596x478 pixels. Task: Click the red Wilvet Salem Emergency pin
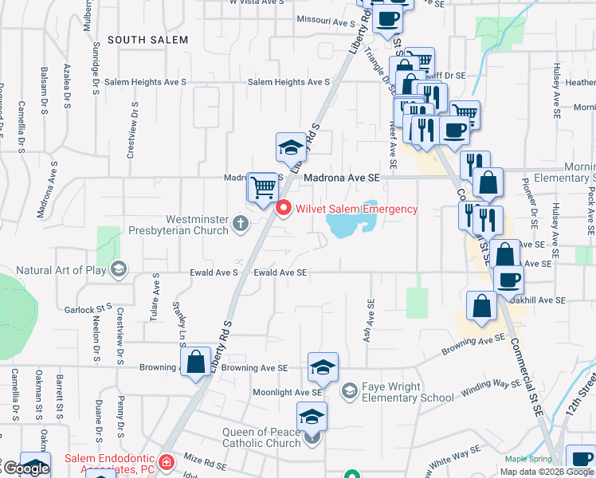click(x=283, y=209)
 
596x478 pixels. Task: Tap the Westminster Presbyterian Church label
click(x=198, y=225)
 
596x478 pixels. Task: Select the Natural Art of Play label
click(x=61, y=269)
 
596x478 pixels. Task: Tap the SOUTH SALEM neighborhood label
click(x=147, y=39)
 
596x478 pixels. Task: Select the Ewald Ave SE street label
click(x=280, y=272)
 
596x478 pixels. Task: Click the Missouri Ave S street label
click(x=324, y=19)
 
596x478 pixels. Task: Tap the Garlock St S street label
click(x=88, y=308)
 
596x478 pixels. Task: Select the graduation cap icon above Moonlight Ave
click(x=323, y=366)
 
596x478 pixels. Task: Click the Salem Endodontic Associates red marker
click(x=166, y=462)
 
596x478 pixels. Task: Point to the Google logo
click(x=25, y=468)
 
